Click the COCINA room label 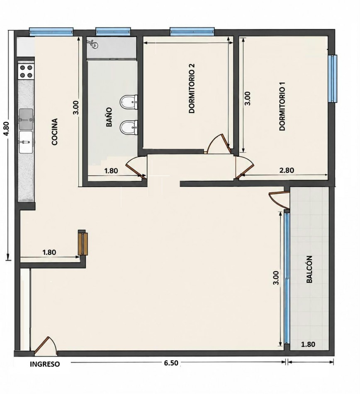tap(55, 131)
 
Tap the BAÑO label tap(109, 117)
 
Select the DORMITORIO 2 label tap(192, 88)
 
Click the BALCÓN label tap(309, 269)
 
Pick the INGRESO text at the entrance tap(45, 364)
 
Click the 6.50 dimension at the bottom tap(171, 363)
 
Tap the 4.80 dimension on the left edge tap(7, 129)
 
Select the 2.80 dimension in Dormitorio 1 tap(287, 170)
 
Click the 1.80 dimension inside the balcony tap(308, 344)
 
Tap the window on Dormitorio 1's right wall tap(333, 79)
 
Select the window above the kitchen tap(51, 32)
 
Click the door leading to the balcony tap(279, 198)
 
